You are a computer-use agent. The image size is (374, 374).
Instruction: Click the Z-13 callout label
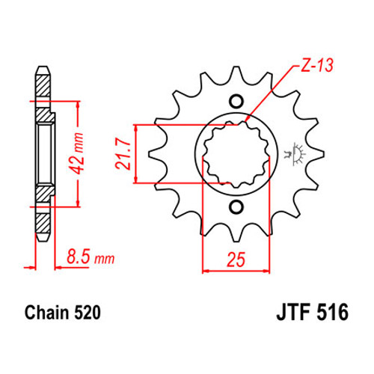317,66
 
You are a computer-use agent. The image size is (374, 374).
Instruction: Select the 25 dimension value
236,260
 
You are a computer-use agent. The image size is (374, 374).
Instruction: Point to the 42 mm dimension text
76,153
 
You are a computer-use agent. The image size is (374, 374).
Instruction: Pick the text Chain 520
63,313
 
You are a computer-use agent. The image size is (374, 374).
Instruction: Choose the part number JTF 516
312,313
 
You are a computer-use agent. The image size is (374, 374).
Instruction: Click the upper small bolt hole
236,102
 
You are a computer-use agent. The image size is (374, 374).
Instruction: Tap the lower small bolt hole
236,206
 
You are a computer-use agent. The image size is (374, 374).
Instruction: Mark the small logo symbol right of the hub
295,154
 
